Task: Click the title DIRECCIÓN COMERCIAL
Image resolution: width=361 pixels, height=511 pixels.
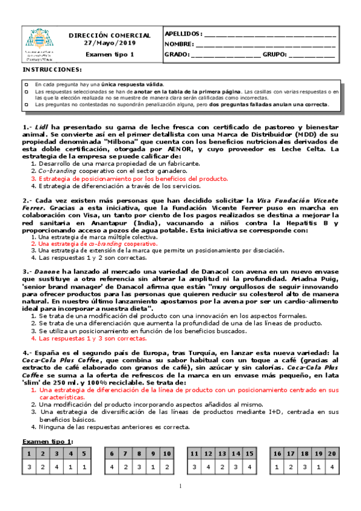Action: (110, 36)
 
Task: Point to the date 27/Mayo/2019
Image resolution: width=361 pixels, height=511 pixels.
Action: (110, 44)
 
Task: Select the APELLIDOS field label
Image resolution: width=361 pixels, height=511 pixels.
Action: (183, 34)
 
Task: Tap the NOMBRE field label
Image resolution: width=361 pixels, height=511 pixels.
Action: (179, 45)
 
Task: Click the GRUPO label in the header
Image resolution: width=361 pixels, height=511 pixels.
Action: (275, 55)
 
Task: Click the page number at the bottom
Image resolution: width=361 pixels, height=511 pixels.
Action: (180, 486)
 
